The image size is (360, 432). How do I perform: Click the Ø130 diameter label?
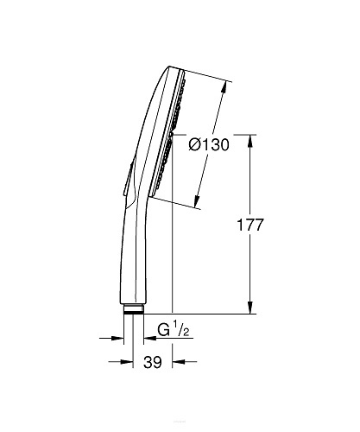(x=207, y=144)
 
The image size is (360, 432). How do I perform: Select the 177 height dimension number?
(x=272, y=225)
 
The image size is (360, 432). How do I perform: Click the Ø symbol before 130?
(x=193, y=145)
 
